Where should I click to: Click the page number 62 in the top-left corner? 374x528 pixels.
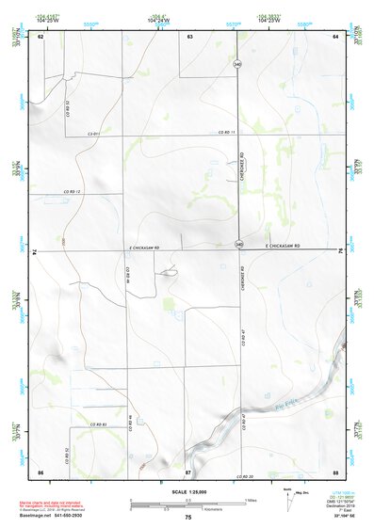[x=41, y=36]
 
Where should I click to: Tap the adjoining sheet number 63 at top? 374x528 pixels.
[x=188, y=36]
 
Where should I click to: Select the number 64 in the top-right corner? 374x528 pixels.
[x=335, y=36]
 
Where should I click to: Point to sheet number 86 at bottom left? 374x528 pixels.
[x=41, y=471]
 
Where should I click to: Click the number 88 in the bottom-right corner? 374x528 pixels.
[x=335, y=471]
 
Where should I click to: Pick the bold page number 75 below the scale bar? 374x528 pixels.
[x=188, y=518]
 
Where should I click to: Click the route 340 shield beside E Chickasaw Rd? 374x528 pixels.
[x=239, y=246]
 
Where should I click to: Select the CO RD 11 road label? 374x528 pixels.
[x=224, y=133]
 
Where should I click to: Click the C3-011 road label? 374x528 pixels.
[x=94, y=134]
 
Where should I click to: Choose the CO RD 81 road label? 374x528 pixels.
[x=101, y=426]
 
